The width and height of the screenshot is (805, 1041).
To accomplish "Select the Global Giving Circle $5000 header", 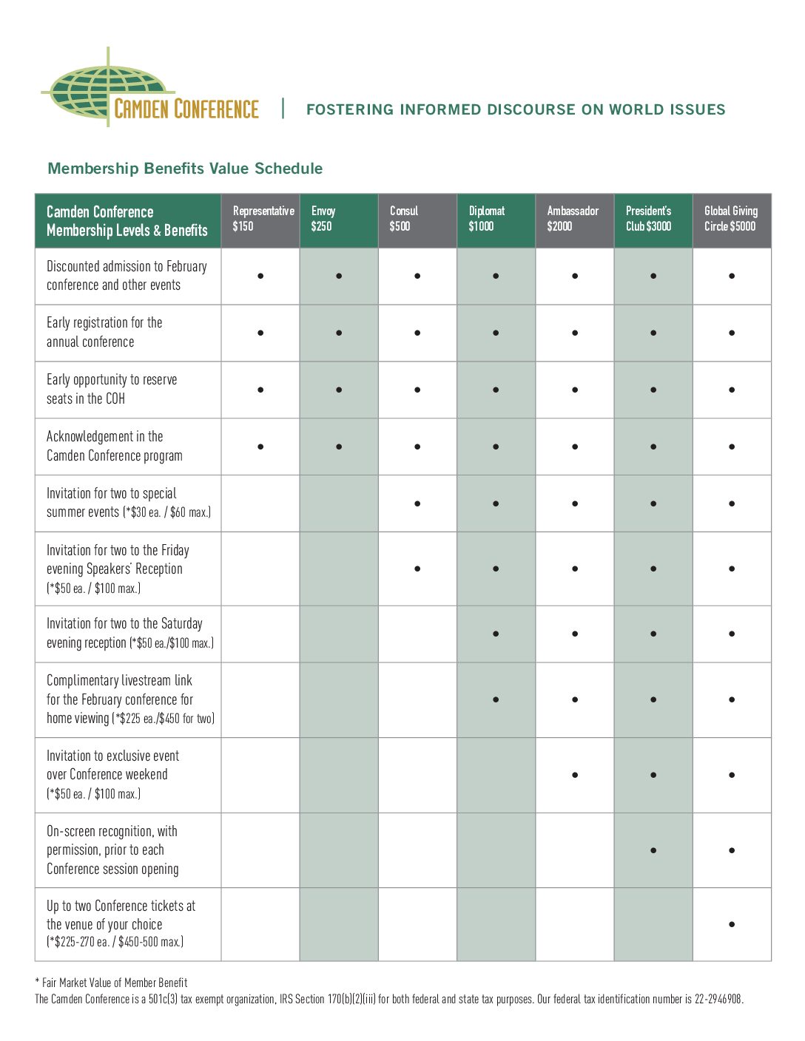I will (731, 219).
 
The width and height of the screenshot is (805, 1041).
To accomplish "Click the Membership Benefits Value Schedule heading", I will (185, 169).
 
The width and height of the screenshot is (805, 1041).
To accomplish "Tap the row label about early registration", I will (104, 332).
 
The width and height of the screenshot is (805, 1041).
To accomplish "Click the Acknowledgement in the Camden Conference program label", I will (114, 446).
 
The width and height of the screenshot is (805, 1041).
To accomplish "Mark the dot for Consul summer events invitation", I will (417, 503).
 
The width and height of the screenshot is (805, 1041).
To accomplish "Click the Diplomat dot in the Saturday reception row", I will (496, 634).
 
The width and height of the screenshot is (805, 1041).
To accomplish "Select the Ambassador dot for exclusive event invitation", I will (575, 775).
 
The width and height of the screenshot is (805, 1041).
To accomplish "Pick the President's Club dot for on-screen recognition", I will (653, 850).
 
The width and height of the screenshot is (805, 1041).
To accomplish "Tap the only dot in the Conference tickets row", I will (732, 924).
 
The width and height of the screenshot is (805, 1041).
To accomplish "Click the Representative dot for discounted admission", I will (260, 276).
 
